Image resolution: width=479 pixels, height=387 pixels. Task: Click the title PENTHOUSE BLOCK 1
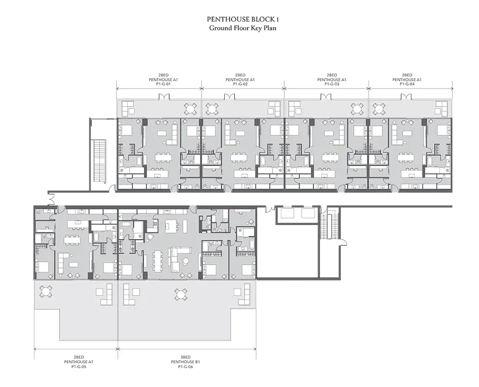pos(243,19)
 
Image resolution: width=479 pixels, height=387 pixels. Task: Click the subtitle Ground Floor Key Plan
pos(243,28)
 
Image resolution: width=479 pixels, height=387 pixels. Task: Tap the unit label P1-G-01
pos(163,84)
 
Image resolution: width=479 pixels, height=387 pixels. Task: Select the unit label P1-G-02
pos(240,84)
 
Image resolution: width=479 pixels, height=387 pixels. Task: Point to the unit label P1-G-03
pos(332,84)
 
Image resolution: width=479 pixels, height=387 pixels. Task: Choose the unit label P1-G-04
pos(407,84)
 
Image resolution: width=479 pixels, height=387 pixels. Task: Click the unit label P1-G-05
pos(78,366)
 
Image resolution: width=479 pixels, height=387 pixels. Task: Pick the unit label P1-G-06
pos(186,366)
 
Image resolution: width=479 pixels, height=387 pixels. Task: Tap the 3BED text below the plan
pos(186,357)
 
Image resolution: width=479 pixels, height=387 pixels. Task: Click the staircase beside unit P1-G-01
pos(100,162)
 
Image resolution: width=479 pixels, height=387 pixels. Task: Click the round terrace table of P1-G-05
pos(46,292)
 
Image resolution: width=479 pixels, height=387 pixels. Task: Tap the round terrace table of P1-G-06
pos(181,295)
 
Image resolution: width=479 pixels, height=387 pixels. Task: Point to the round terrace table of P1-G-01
pos(190,109)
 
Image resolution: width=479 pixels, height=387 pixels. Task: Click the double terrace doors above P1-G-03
pos(326,97)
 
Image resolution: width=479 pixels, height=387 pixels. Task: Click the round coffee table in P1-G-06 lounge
pos(186,261)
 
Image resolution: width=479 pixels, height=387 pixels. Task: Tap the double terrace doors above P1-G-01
pos(164,97)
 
